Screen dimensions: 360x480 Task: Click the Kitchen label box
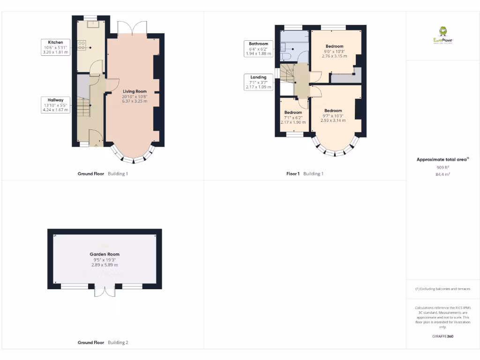click(x=56, y=47)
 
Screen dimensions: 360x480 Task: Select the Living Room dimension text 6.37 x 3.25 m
click(x=135, y=101)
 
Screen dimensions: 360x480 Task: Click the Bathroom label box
click(x=258, y=49)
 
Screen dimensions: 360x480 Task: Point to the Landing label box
click(x=258, y=82)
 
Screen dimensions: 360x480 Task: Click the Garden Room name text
click(x=105, y=254)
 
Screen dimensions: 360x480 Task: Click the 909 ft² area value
click(x=443, y=167)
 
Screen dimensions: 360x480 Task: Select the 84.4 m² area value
click(x=443, y=174)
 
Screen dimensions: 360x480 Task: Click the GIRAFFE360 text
click(x=443, y=336)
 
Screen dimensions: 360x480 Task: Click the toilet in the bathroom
click(x=286, y=56)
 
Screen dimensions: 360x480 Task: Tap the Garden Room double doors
click(x=105, y=291)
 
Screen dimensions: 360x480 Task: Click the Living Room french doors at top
click(x=132, y=28)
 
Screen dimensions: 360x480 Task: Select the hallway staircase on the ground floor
click(x=83, y=108)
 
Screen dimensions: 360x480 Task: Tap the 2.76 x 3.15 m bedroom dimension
click(x=334, y=56)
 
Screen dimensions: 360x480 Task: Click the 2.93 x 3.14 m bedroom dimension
click(x=333, y=120)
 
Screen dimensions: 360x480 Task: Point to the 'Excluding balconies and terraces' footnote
click(x=443, y=289)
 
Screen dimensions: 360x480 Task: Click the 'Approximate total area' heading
click(x=442, y=160)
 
